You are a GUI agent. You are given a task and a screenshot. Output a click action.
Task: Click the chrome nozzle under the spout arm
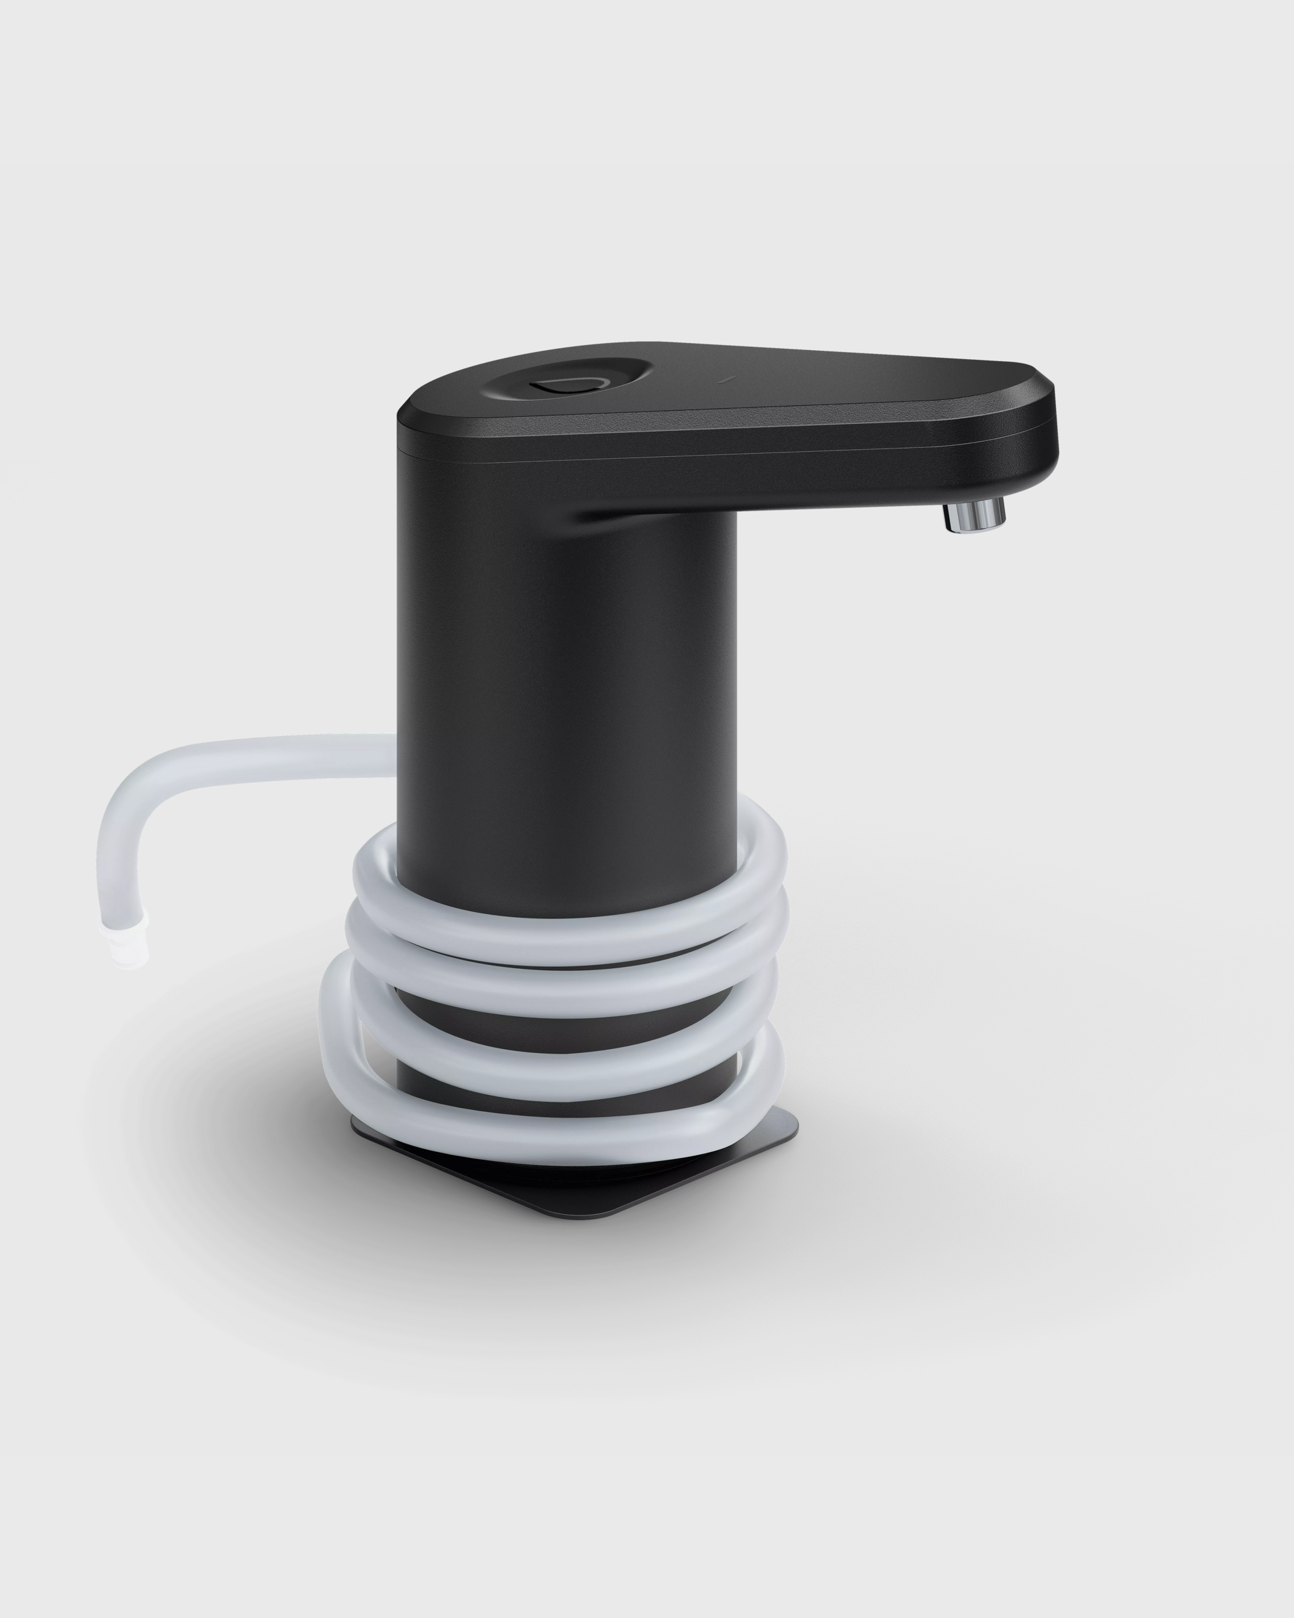[975, 516]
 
